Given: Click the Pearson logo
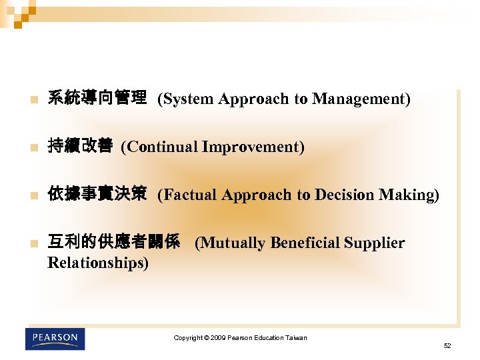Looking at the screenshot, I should point(55,338).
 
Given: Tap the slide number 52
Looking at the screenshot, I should point(447,345).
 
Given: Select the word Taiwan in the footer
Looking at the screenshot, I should point(296,338).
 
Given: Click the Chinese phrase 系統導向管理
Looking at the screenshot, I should point(97,99).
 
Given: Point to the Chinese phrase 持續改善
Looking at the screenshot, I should point(80,147).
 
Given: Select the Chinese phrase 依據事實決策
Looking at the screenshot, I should point(97,195).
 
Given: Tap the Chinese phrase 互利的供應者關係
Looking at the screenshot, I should point(114,243).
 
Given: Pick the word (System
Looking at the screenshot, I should point(185,99).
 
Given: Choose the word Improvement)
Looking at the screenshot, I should point(251,147).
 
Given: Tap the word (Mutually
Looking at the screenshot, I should point(231,243).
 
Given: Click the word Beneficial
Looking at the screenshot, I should point(305,243).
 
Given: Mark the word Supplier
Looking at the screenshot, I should point(375,243).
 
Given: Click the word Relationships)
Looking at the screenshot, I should point(99,263).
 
